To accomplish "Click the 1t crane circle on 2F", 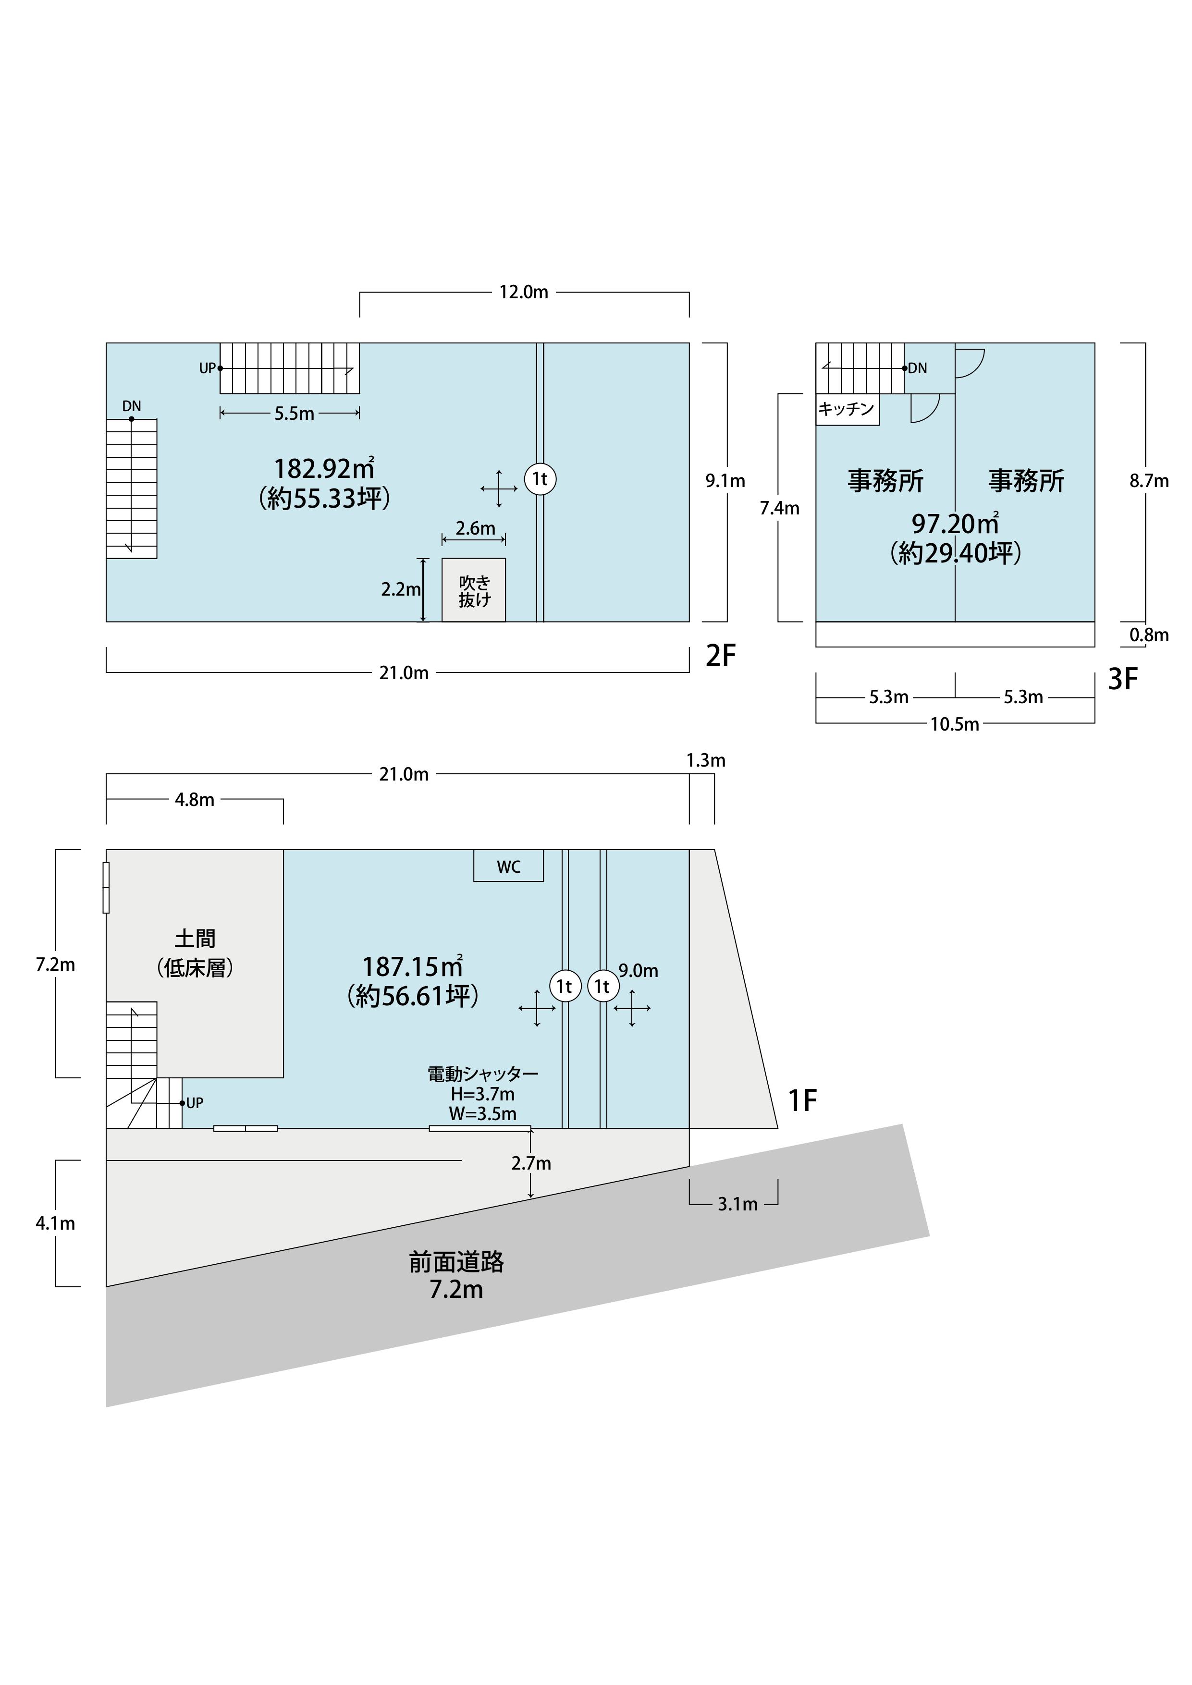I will pos(540,479).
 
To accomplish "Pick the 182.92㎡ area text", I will pos(324,468).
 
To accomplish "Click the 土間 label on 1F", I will pos(195,939).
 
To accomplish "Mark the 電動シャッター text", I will pos(483,1074).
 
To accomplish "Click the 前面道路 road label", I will pos(456,1262).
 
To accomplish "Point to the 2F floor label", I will pos(720,655).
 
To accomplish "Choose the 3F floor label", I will pos(1122,680).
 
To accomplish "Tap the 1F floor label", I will pos(802,1100).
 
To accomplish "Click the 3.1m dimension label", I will pos(737,1204).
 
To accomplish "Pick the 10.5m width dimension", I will pos(954,724).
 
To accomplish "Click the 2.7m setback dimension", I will pos(531,1163).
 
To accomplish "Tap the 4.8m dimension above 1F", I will pos(195,800).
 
